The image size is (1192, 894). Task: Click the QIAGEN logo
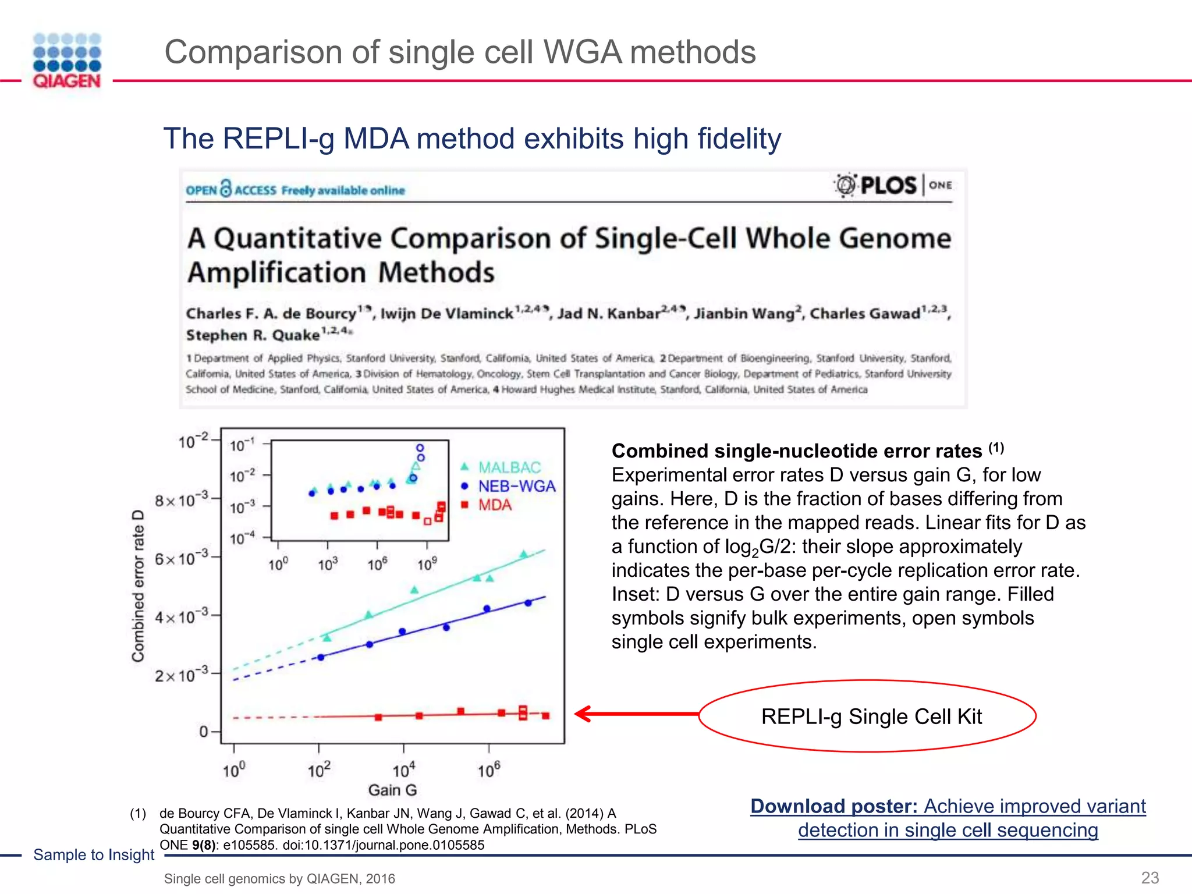(67, 61)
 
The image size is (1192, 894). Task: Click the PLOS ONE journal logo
(893, 186)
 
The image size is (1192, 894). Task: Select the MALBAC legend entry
(509, 467)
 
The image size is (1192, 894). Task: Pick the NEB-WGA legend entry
(516, 486)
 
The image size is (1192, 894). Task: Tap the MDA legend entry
(494, 505)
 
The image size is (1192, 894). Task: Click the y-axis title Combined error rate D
(138, 586)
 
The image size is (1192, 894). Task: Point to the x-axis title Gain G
(392, 790)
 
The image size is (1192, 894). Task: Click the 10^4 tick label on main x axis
(404, 771)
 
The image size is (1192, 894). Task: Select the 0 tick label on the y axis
(204, 732)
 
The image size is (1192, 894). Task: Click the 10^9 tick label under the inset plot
(427, 564)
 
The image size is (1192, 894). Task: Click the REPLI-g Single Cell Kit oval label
(871, 716)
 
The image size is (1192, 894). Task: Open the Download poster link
(948, 818)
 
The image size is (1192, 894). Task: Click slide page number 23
(1150, 878)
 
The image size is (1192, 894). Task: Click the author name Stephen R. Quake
(253, 335)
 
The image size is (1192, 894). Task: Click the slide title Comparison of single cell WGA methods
(460, 52)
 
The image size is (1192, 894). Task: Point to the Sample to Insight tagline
(94, 854)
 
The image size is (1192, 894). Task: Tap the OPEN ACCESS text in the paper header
(231, 190)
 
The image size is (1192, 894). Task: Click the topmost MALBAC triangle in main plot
(523, 554)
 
